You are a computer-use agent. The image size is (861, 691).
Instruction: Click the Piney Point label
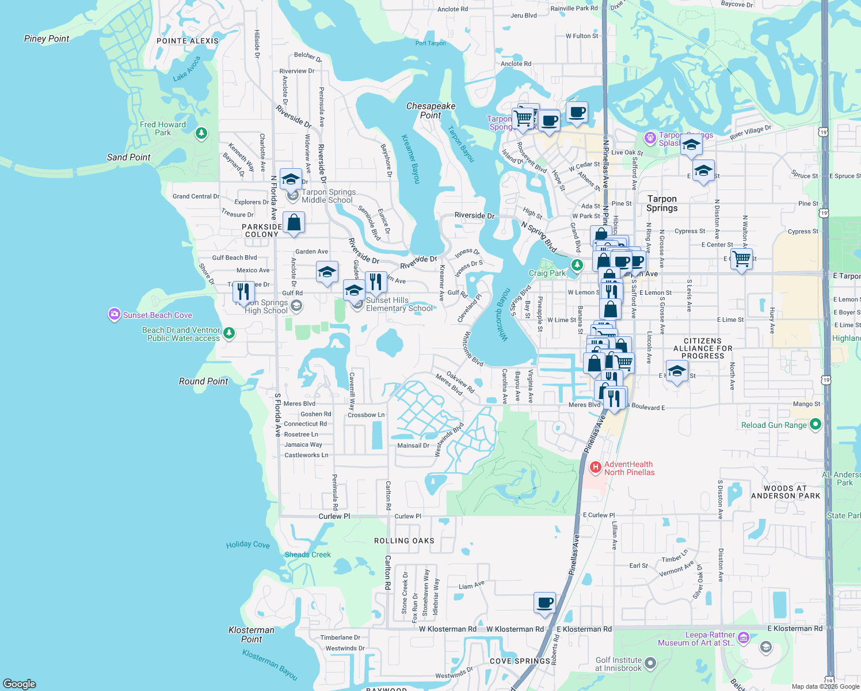[x=47, y=39]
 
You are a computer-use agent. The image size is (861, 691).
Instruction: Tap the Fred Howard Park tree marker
[x=201, y=134]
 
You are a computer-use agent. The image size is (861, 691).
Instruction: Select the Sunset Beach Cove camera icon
[x=114, y=314]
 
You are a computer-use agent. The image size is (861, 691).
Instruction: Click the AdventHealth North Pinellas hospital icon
[x=596, y=468]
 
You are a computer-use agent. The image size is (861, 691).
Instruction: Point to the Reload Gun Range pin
[x=815, y=425]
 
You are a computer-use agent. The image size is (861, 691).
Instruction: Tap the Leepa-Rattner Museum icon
[x=743, y=637]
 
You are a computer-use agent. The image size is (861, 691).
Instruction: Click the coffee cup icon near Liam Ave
[x=544, y=603]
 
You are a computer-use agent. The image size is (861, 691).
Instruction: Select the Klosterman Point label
[x=252, y=635]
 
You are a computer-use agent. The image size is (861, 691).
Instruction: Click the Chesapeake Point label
[x=430, y=111]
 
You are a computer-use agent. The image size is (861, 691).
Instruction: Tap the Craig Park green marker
[x=577, y=264]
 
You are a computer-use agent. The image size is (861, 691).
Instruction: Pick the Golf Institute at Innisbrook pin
[x=650, y=663]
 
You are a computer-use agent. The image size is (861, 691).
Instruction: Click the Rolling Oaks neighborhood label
[x=404, y=541]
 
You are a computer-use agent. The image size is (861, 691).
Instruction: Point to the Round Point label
[x=203, y=381]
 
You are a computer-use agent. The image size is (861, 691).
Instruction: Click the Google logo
[x=20, y=684]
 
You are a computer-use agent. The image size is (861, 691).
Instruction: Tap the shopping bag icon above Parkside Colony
[x=294, y=222]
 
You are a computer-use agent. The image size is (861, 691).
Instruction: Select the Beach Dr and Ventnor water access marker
[x=229, y=333]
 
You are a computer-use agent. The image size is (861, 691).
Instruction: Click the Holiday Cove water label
[x=247, y=544]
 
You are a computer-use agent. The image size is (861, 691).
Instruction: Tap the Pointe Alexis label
[x=188, y=41]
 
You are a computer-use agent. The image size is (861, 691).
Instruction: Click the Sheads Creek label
[x=307, y=555]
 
